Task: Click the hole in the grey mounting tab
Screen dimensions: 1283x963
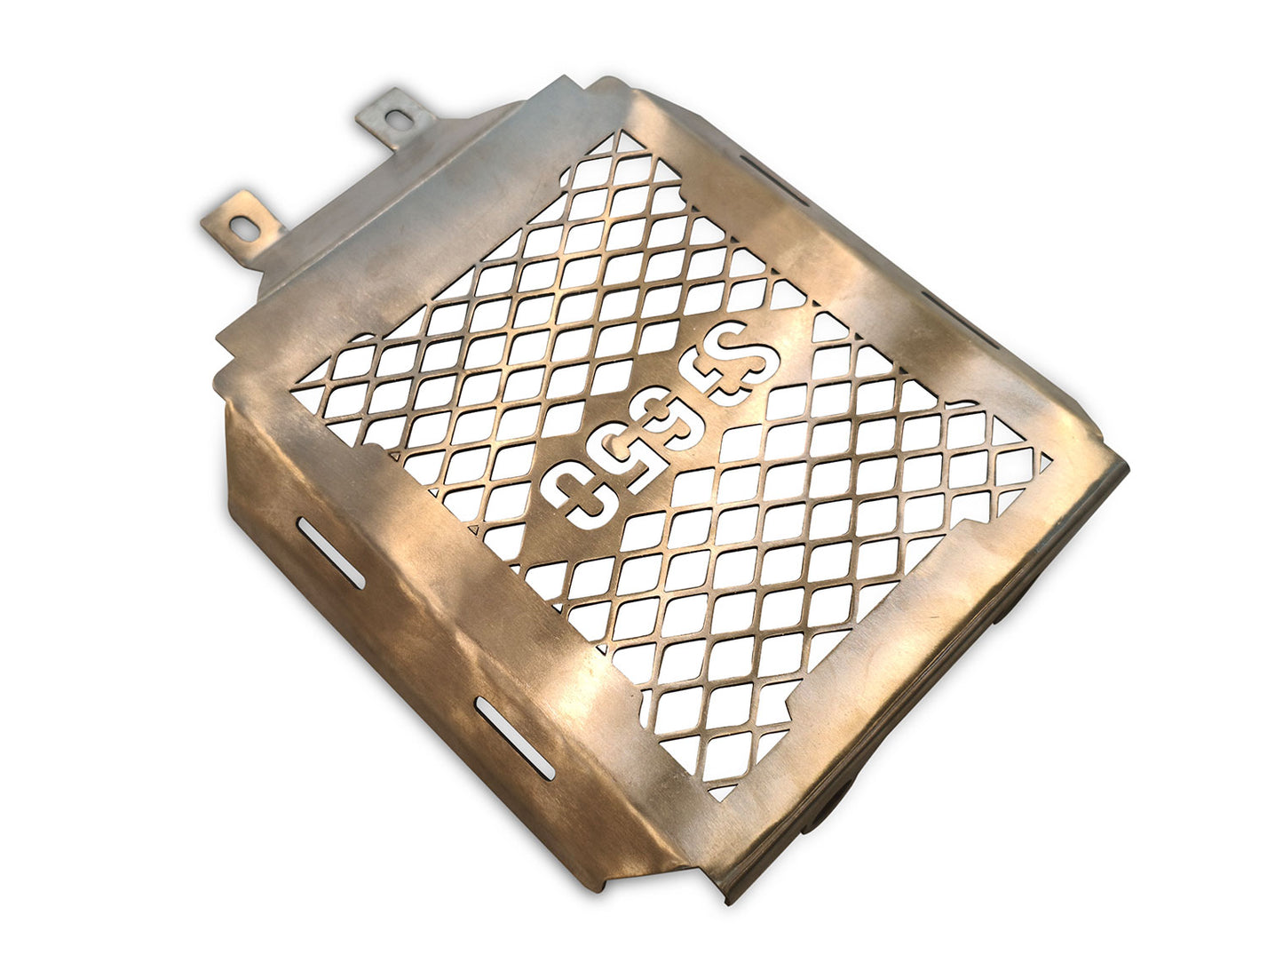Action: tap(400, 120)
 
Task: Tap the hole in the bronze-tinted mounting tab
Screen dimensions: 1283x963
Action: tap(245, 228)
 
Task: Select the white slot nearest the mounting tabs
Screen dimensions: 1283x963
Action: tap(331, 553)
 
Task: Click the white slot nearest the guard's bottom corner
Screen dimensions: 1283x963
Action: tap(514, 738)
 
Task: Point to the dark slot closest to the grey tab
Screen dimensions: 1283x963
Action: tap(773, 180)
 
